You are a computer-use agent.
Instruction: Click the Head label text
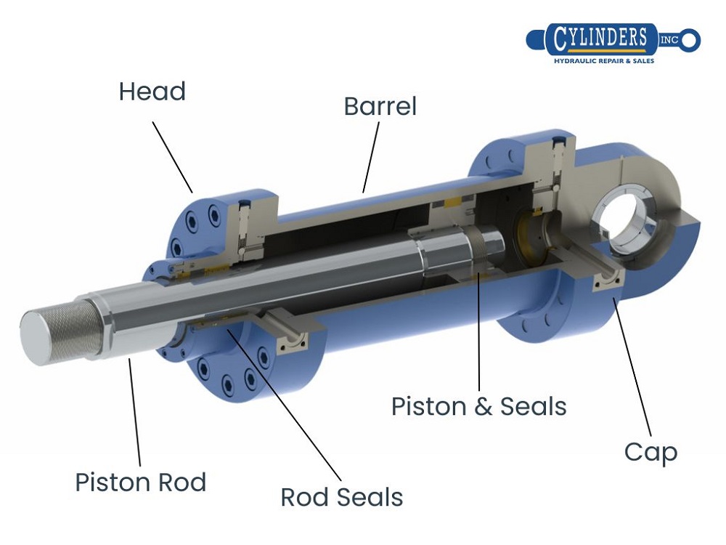point(152,92)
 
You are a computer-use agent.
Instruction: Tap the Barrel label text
point(380,107)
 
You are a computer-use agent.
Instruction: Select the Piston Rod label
point(141,483)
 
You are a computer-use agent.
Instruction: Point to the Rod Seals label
point(341,498)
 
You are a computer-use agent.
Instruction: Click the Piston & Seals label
point(478,406)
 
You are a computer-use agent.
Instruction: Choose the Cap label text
point(650,452)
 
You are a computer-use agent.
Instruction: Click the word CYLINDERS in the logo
point(600,39)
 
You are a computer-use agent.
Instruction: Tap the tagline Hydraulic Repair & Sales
point(604,61)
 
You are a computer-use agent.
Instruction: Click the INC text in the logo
point(669,39)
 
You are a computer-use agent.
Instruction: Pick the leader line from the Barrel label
point(371,157)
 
